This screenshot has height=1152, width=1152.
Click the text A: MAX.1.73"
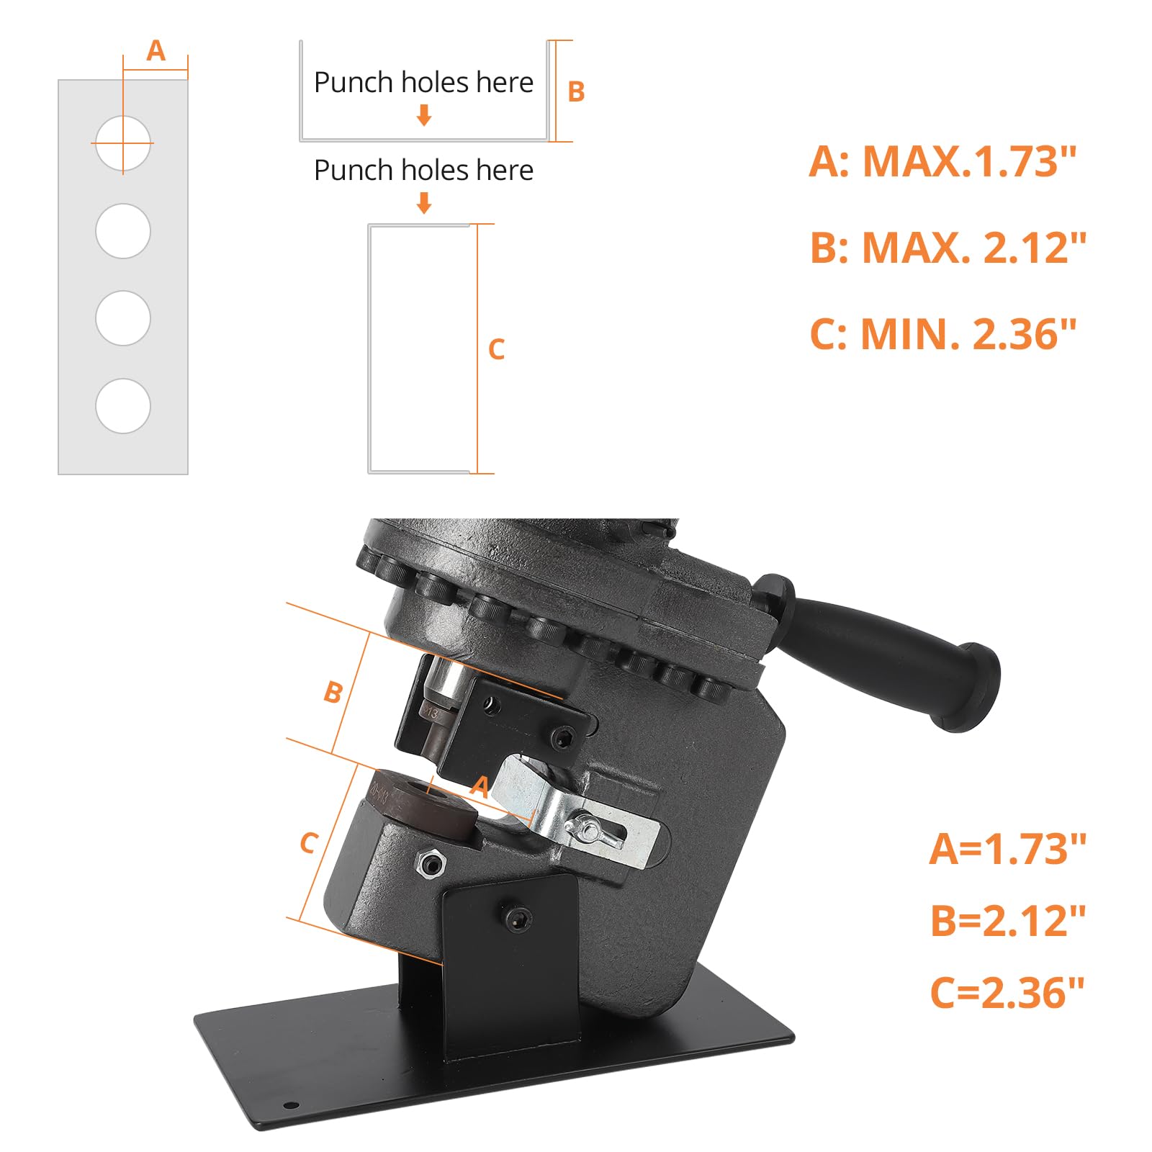942,161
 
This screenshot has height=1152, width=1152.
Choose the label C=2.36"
1007,991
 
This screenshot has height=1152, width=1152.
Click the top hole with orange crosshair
123,143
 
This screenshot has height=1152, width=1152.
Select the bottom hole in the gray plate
123,406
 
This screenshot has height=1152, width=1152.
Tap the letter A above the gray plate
156,51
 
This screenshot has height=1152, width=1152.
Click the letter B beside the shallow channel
576,91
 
